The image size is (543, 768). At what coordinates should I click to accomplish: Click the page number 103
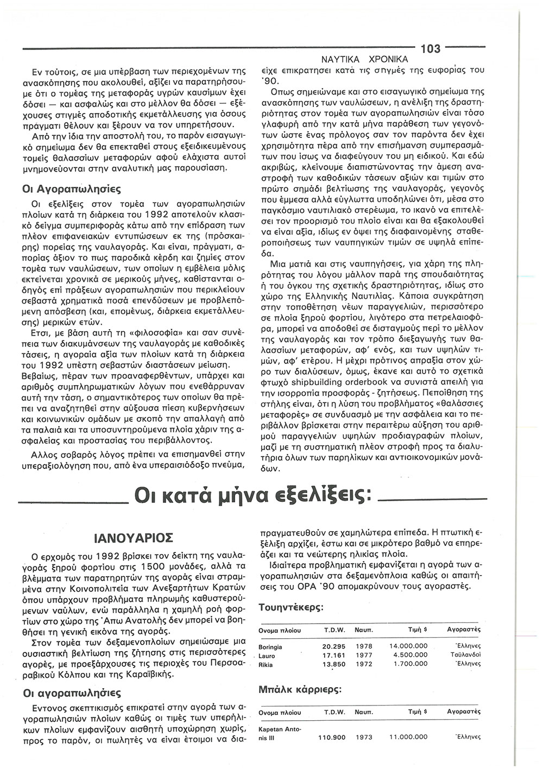tap(430, 48)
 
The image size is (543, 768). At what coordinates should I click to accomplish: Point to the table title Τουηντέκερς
tap(292, 607)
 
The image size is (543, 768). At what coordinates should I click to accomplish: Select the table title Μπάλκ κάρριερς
tap(300, 689)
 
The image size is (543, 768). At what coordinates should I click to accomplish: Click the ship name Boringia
tap(270, 647)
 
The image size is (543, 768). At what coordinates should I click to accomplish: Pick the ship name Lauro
tap(267, 656)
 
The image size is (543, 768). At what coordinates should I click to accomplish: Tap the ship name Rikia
tap(266, 664)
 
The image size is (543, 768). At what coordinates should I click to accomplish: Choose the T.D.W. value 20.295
tap(334, 647)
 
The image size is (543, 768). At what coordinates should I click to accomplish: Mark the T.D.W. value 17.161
tap(334, 656)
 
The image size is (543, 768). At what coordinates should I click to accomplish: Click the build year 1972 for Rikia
tap(364, 664)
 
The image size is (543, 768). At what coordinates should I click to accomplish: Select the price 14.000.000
tap(408, 647)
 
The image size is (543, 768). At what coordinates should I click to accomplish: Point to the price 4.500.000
tap(411, 656)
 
